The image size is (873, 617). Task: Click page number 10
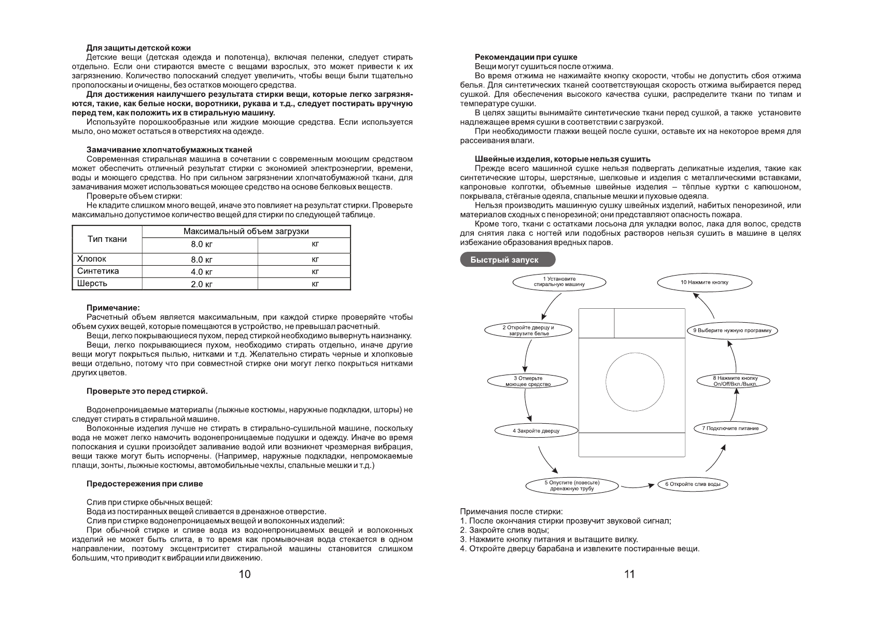tap(244, 574)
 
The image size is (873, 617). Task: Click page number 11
tap(629, 574)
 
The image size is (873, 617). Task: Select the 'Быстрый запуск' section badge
tap(508, 260)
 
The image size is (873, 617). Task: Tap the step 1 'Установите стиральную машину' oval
tap(559, 282)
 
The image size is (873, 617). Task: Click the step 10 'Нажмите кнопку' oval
tap(705, 282)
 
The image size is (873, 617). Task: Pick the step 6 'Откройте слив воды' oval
tap(693, 484)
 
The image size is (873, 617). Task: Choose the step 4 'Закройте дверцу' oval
tap(536, 431)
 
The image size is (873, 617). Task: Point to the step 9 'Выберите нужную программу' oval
tap(732, 330)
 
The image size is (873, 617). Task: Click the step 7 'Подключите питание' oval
tap(730, 428)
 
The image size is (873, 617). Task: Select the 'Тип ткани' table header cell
tap(107, 239)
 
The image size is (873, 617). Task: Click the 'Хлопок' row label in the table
tap(92, 259)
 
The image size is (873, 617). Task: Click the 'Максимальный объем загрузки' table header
tap(246, 232)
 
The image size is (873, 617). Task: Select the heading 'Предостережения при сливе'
tap(145, 483)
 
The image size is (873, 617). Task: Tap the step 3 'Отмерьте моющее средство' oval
tap(528, 381)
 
